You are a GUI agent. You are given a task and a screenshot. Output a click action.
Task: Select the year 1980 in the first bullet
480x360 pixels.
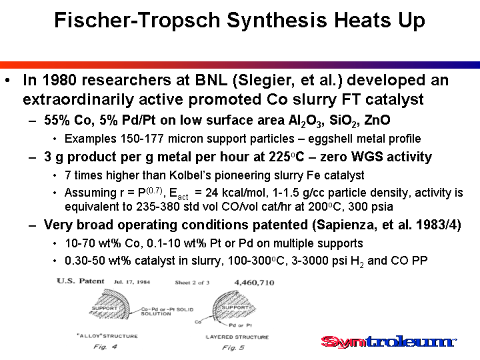(x=59, y=80)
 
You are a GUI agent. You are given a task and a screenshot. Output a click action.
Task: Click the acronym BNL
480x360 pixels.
(x=211, y=80)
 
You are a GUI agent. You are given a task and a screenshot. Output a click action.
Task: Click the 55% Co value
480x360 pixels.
(x=69, y=120)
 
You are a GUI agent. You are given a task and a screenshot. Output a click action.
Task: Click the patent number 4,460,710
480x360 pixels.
(x=254, y=283)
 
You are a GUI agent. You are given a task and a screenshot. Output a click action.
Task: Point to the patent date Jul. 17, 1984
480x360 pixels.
(x=132, y=282)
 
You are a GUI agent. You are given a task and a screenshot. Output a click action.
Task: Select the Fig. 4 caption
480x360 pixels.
(x=105, y=347)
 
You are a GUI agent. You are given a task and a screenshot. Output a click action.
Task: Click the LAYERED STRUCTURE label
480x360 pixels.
(x=237, y=337)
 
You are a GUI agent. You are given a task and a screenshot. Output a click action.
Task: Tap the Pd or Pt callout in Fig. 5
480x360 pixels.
(x=240, y=325)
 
